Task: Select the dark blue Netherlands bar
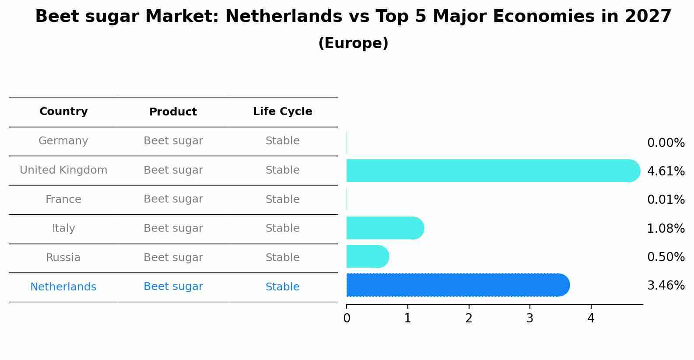(x=458, y=285)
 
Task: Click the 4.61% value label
(x=666, y=171)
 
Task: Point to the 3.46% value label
(x=666, y=286)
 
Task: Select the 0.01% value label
(x=666, y=200)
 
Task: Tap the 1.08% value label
(x=666, y=228)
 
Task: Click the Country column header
(x=63, y=112)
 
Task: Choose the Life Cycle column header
(x=282, y=112)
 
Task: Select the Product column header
(x=173, y=112)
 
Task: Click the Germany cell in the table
(x=63, y=141)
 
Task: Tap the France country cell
(x=63, y=199)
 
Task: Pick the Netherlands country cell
(x=63, y=287)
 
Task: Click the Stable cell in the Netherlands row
(x=282, y=287)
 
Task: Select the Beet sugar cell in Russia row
(x=173, y=258)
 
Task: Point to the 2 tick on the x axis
(x=469, y=318)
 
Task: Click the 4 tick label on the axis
(x=591, y=318)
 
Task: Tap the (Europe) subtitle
(x=353, y=43)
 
